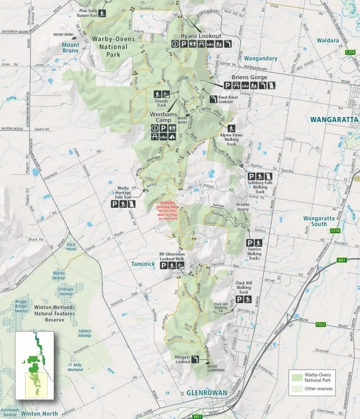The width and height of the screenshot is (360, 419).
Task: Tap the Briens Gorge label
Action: tap(250, 77)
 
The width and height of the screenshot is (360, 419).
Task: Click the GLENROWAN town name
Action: tap(207, 393)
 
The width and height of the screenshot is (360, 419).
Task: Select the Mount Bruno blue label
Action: tap(71, 48)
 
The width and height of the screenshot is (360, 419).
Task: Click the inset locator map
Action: tap(34, 365)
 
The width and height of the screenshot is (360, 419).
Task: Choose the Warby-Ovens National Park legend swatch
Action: tap(298, 378)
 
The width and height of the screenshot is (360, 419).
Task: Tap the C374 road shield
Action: tap(350, 52)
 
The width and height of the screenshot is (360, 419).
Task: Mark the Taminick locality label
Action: tap(144, 264)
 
